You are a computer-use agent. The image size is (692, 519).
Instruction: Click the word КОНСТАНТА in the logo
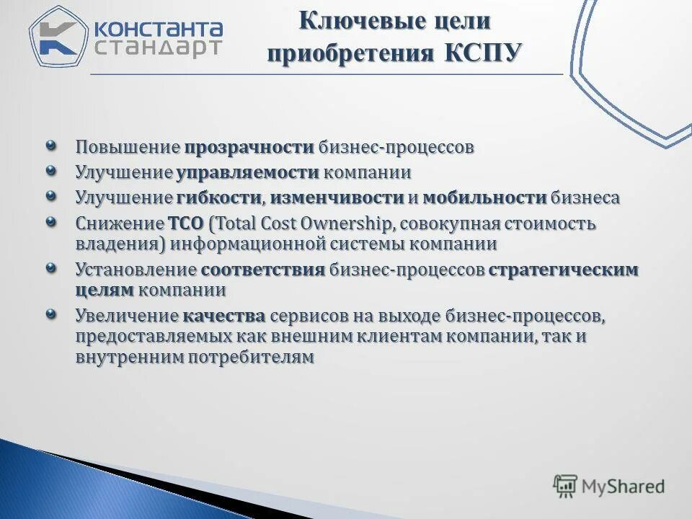pos(158,28)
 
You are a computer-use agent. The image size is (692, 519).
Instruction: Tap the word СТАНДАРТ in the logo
pos(158,48)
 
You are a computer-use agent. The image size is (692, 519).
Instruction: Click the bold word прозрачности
pos(249,148)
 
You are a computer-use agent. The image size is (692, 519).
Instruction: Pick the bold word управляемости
pos(247,173)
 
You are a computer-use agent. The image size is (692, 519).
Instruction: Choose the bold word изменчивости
pos(337,198)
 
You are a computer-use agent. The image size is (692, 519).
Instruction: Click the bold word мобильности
pos(484,198)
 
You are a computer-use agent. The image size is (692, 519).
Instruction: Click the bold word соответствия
pos(263,270)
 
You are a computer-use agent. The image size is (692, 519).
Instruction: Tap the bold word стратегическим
pos(563,270)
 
